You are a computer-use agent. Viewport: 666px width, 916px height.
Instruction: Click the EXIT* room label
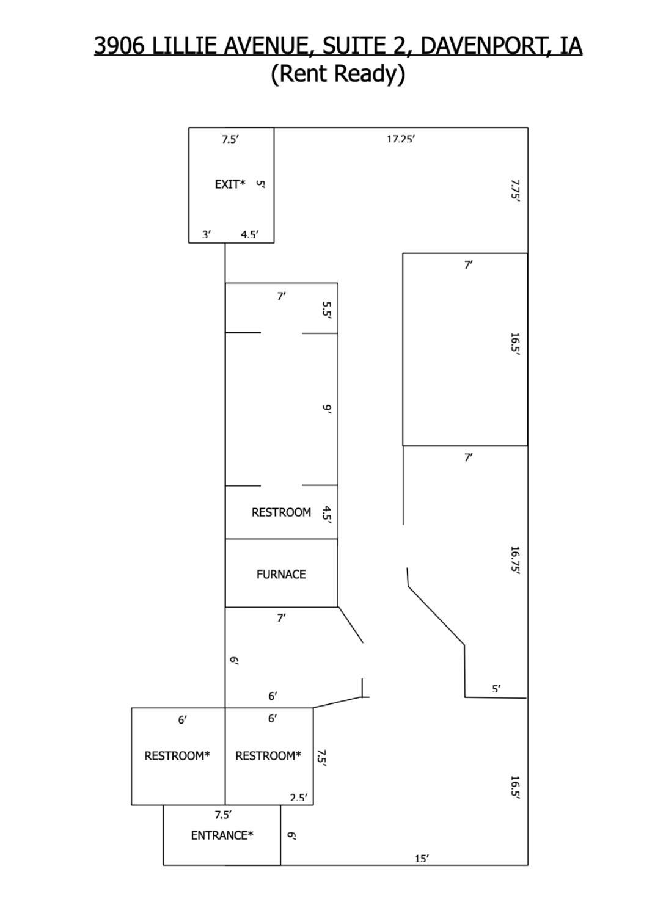coord(230,184)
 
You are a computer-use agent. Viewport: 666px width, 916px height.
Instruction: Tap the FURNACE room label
coord(281,575)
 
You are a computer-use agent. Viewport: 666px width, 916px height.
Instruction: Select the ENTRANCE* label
coord(222,835)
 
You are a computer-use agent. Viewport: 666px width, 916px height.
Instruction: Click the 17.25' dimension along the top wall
coord(401,139)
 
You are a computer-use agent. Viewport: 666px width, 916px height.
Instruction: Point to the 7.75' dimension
coord(515,189)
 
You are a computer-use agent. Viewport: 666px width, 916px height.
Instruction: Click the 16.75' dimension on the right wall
coord(515,561)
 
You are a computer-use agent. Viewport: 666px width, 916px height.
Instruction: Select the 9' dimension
coord(326,409)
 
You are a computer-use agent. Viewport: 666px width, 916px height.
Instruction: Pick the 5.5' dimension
coord(326,310)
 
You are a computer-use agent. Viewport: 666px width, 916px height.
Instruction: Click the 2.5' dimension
coord(299,798)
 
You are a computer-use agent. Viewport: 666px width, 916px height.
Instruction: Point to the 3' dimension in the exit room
coord(207,234)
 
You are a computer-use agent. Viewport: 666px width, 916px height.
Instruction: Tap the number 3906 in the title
coord(120,45)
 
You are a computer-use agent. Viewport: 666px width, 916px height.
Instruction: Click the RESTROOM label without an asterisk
coord(281,512)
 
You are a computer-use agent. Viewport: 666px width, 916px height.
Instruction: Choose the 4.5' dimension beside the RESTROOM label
coord(326,514)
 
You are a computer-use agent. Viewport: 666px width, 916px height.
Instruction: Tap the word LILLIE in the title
coord(185,45)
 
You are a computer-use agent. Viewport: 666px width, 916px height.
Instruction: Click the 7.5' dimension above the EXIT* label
coord(230,139)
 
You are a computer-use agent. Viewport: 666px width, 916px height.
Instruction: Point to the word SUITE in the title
coord(354,45)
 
